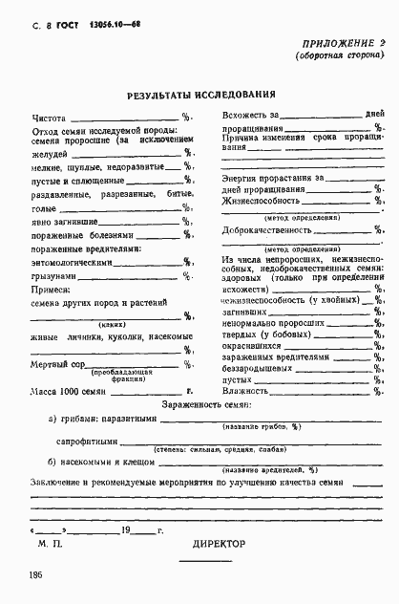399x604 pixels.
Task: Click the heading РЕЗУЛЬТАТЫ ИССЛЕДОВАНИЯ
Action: click(x=202, y=96)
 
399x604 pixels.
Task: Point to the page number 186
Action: click(x=21, y=575)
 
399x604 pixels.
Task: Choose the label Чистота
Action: click(x=50, y=118)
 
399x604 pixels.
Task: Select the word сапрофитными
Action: click(x=94, y=442)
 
